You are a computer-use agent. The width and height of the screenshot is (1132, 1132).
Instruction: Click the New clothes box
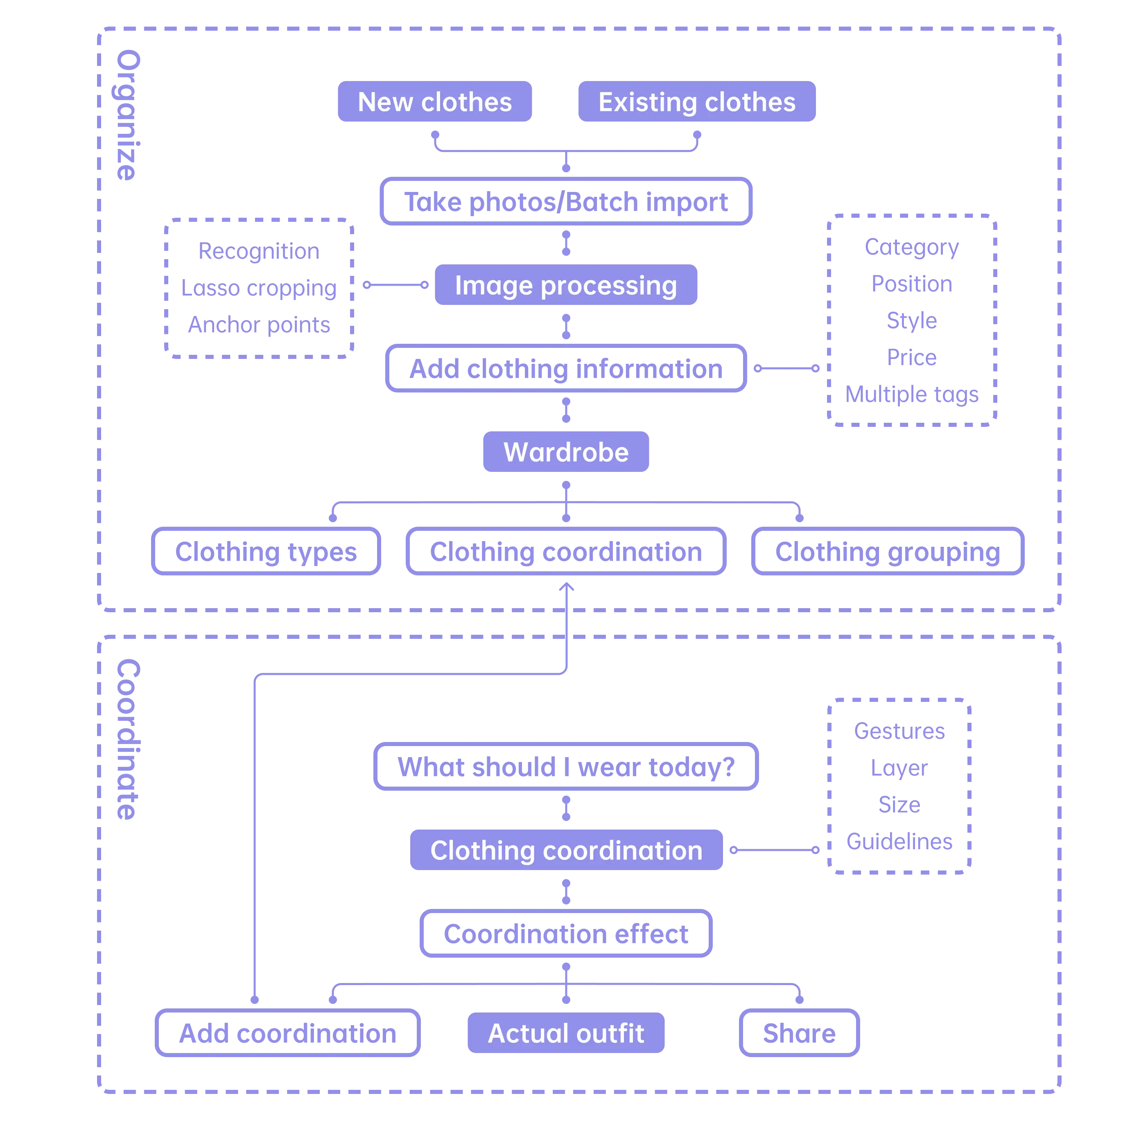(x=434, y=102)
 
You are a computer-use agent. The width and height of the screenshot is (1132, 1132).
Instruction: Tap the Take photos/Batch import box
(x=566, y=201)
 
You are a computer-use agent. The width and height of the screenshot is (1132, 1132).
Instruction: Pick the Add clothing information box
(x=566, y=369)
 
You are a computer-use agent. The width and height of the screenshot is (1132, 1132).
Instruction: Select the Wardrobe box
(x=566, y=452)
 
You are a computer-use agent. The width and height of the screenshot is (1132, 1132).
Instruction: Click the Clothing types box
(x=266, y=551)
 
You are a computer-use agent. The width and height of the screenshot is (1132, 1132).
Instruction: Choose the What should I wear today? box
(x=566, y=767)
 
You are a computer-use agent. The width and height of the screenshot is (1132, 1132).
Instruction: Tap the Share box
(x=799, y=1033)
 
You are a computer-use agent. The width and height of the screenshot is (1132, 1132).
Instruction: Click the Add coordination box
(x=287, y=1033)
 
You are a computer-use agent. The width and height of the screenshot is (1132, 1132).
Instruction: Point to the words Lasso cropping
(x=258, y=288)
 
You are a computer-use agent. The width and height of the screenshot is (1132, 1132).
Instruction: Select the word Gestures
(x=900, y=730)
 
